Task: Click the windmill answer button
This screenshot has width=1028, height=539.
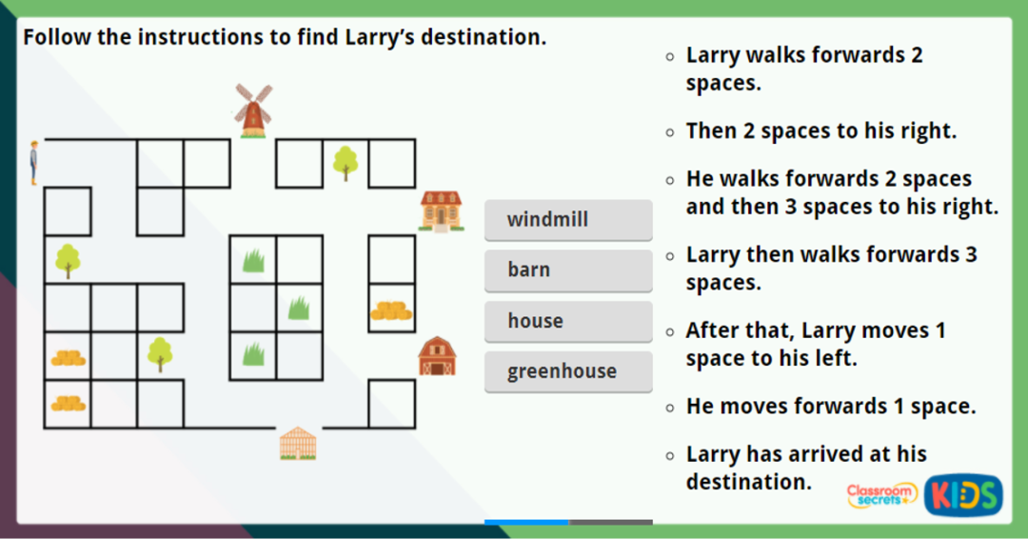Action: coord(567,220)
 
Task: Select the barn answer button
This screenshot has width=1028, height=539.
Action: coord(567,270)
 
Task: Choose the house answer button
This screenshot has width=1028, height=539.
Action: coord(567,321)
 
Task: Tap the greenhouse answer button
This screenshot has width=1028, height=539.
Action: coord(567,371)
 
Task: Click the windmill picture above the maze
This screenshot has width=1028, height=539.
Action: coord(253,110)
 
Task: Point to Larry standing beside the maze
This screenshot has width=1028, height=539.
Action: coord(33,162)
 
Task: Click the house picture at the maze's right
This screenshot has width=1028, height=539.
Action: coord(442,210)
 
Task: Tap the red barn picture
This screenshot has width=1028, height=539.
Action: coord(437,356)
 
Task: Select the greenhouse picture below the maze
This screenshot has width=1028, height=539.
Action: coord(297,443)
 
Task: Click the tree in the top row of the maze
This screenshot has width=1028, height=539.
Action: coord(346,163)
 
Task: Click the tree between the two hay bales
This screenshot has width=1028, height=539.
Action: coord(160,354)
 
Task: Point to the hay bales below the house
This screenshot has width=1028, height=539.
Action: coord(391,310)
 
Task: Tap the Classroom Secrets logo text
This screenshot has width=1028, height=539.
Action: coord(881,494)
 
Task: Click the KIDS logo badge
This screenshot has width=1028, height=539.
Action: coord(963,495)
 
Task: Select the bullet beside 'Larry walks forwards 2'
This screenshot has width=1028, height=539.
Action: coord(671,56)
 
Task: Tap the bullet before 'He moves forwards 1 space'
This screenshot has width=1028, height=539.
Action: coord(671,408)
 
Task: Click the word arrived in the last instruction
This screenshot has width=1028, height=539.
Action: coord(831,454)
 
